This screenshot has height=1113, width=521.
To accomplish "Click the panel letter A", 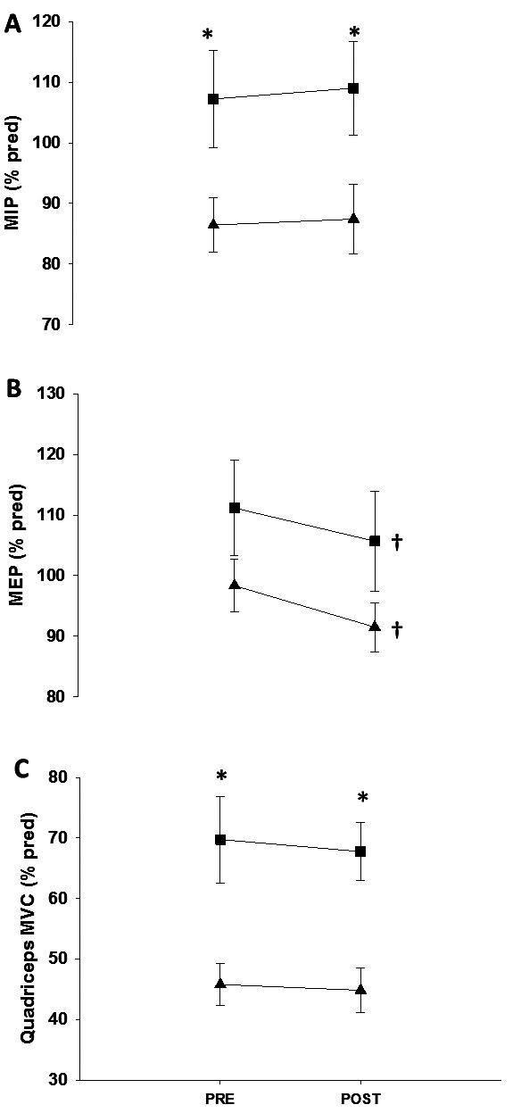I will (12, 25).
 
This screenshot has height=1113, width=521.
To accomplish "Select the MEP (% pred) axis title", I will (16, 545).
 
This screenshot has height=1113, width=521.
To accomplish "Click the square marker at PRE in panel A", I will (213, 98).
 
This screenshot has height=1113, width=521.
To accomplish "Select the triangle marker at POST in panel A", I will (353, 218).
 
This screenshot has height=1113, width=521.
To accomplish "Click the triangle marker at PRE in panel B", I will (235, 584).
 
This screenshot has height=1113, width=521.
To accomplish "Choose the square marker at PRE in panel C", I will (219, 840).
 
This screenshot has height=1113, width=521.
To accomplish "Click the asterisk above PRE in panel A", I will (208, 36).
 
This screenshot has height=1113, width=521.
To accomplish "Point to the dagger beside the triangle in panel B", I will (398, 629).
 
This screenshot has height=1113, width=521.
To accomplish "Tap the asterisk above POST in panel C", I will (363, 797).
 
